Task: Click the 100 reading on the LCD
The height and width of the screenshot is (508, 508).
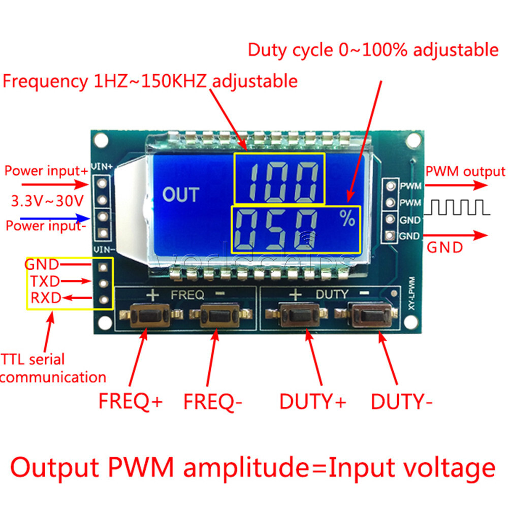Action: (x=278, y=178)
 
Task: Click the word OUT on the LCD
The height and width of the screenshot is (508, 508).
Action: (x=181, y=195)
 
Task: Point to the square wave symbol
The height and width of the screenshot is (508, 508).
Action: (x=460, y=207)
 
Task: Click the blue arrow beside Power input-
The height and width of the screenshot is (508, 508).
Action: (x=76, y=218)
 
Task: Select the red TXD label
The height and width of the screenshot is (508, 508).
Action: (x=45, y=281)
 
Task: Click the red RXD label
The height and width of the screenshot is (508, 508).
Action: (x=45, y=298)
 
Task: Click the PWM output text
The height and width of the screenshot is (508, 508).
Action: (x=465, y=172)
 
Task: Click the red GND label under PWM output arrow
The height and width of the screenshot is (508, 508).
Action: (x=444, y=248)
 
